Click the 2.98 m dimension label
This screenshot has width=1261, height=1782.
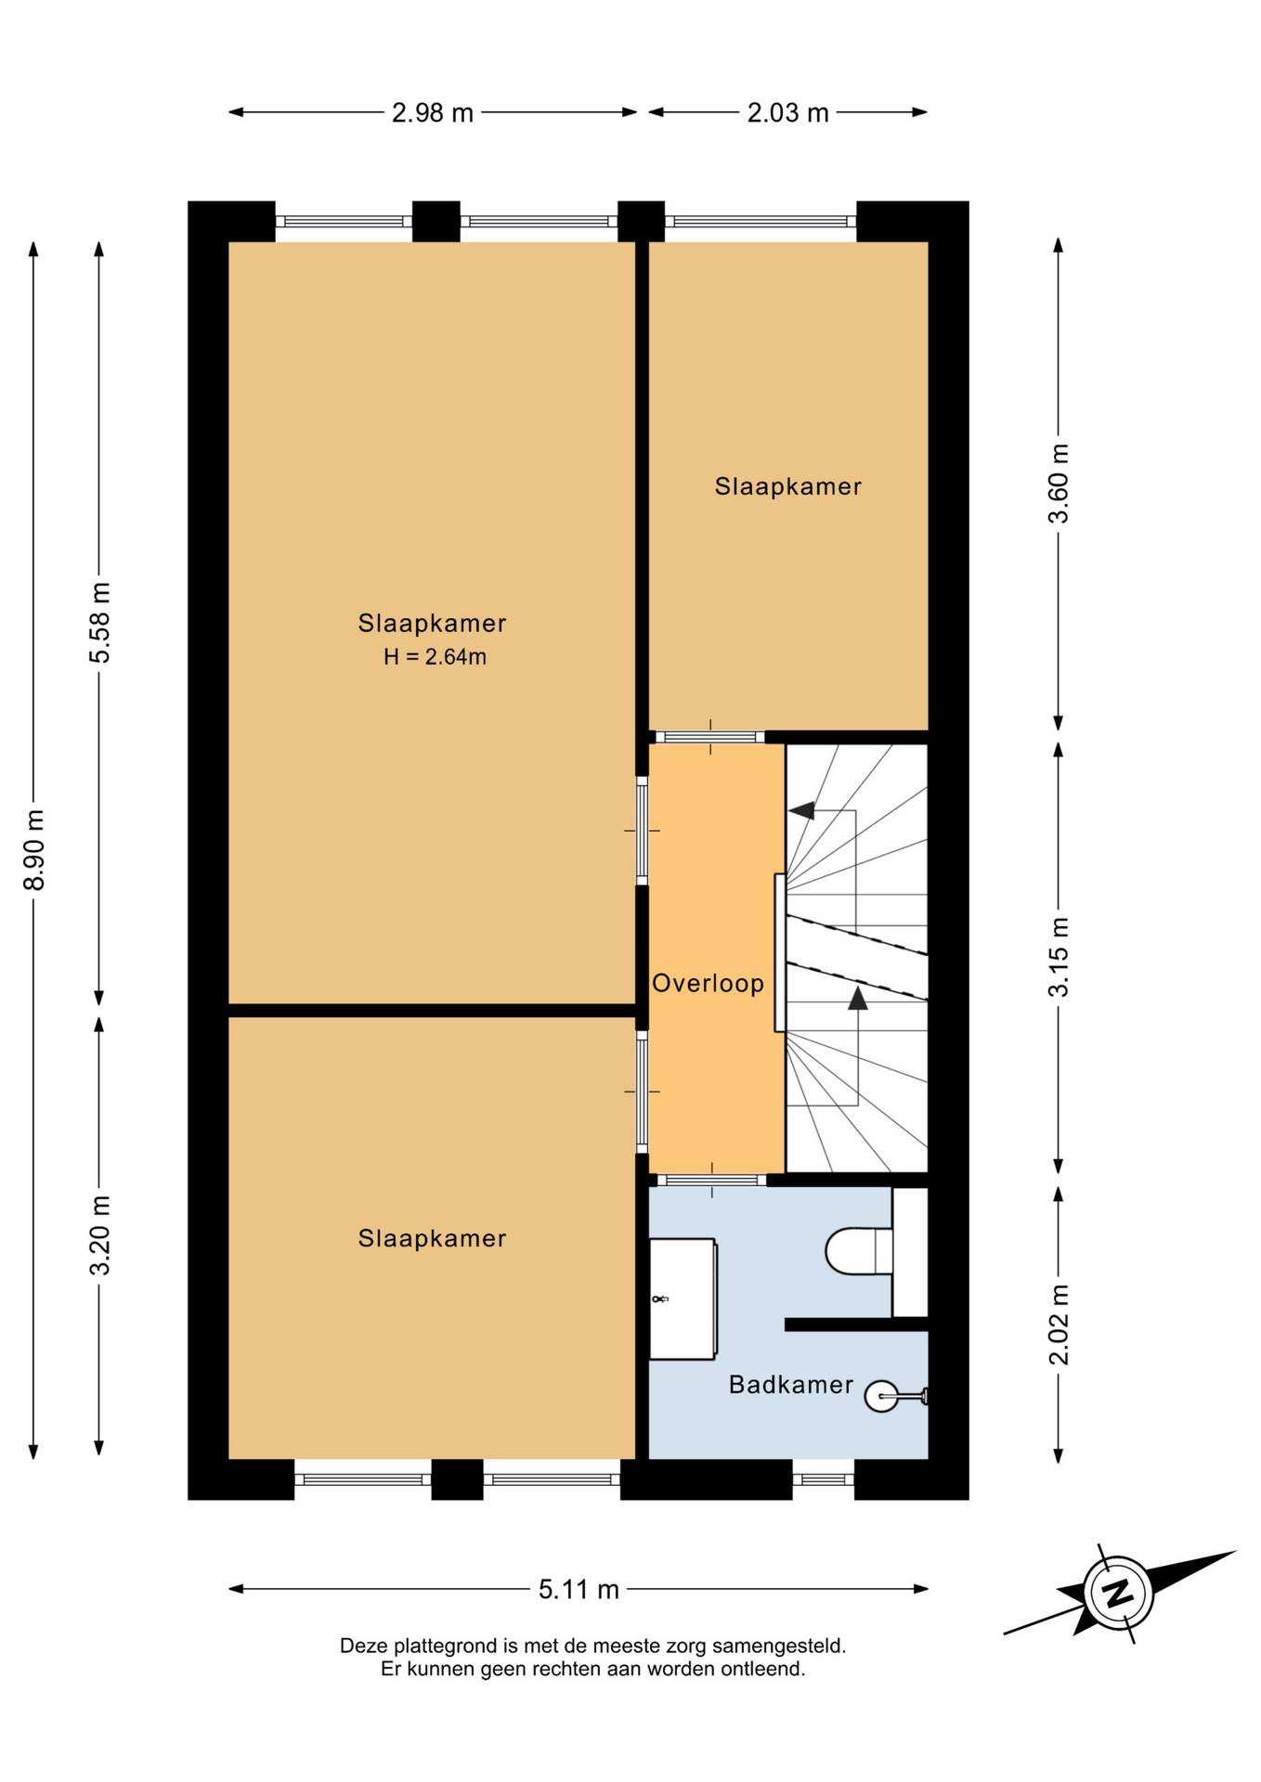[432, 113]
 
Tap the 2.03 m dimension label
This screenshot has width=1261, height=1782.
[787, 113]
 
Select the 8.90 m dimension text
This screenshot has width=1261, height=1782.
[34, 849]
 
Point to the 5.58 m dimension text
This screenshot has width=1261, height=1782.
[99, 623]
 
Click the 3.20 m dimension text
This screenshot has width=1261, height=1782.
[99, 1235]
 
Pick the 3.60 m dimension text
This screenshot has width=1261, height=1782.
[1059, 484]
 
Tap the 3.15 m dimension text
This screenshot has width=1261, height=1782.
[1059, 957]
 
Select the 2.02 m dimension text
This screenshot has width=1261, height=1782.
[1059, 1324]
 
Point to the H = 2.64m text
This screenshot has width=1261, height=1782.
[435, 657]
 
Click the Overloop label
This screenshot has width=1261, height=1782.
[708, 984]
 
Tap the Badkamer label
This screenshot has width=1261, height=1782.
[790, 1385]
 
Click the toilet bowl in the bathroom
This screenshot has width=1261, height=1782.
[858, 1251]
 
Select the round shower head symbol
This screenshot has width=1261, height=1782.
[881, 1395]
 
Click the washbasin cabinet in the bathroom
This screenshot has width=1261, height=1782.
[682, 1298]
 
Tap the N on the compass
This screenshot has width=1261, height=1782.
[1118, 1593]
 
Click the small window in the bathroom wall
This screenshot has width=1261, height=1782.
[823, 1479]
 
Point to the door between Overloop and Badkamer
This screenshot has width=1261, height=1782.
[712, 1180]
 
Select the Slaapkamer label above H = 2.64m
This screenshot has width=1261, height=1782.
[432, 623]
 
